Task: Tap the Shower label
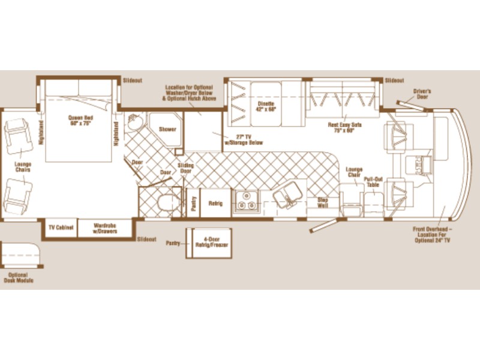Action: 166,129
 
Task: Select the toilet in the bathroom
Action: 163,200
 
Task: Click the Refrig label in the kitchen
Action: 215,204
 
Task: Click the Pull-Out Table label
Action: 373,182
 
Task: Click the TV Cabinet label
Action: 61,229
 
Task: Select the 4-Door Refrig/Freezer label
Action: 209,242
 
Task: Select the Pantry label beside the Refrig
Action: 194,203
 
